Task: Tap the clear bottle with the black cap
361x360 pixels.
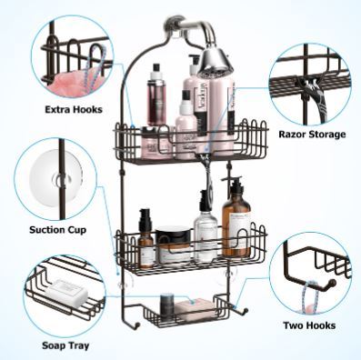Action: click(206, 233)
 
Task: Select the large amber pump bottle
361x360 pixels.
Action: click(236, 219)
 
